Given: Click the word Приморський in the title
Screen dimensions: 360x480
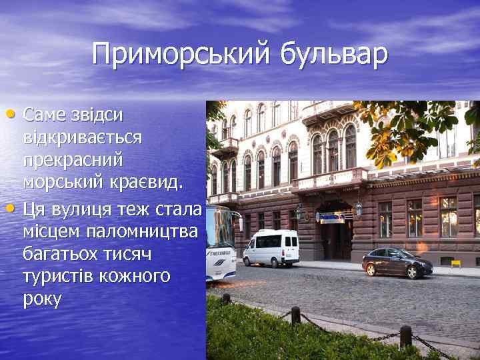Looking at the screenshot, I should [x=179, y=55].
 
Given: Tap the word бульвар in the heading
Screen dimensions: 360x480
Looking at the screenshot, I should [x=333, y=55].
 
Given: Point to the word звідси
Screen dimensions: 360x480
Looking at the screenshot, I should [x=95, y=115].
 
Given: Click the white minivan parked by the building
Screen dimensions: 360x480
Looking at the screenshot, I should [x=270, y=248].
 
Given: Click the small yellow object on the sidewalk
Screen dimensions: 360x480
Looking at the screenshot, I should [x=457, y=264].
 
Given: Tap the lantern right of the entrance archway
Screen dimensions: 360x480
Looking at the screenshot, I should [x=359, y=209].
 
